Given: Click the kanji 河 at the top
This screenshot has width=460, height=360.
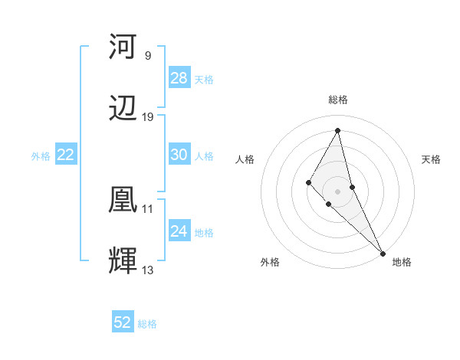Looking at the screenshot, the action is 123,47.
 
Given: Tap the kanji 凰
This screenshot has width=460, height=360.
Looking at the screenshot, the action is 123,201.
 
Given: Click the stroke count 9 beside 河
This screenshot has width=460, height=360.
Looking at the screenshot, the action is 147,55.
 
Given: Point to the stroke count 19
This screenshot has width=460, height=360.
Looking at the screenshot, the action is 148,117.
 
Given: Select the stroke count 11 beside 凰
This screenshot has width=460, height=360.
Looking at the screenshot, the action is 148,208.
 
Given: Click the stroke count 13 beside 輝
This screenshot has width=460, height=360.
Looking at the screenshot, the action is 148,270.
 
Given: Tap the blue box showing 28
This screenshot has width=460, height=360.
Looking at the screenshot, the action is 179,78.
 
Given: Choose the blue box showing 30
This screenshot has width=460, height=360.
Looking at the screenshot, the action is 179,155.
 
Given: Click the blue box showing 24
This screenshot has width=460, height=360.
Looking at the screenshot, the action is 179,231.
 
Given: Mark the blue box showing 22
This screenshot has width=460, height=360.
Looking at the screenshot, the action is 66,155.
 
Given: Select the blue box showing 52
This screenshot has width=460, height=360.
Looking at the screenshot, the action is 123,322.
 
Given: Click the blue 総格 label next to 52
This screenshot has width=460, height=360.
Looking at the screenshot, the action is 147,324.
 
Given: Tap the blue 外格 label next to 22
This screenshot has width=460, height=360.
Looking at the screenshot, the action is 41,156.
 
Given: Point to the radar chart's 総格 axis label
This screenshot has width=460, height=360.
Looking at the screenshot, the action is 338,100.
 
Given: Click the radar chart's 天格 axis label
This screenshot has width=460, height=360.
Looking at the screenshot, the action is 432,159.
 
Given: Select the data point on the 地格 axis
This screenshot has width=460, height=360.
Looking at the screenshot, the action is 383,253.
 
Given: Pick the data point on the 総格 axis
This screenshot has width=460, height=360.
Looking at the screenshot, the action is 338,130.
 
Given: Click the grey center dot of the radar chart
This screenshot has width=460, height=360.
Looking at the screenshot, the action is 338,191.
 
